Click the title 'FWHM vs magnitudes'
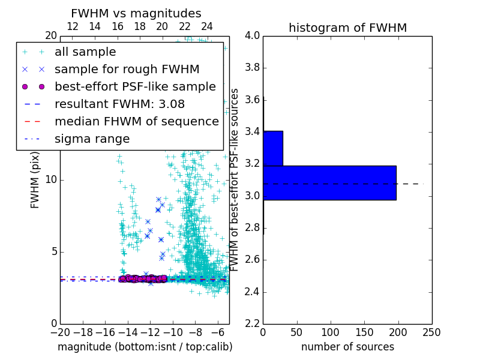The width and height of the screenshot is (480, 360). pyautogui.click(x=136, y=13)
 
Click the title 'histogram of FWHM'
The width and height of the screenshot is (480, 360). pyautogui.click(x=347, y=28)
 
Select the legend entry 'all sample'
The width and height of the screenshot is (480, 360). pyautogui.click(x=85, y=52)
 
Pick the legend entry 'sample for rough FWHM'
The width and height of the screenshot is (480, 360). pyautogui.click(x=127, y=70)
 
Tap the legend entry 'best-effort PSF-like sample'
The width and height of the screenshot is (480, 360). pyautogui.click(x=135, y=87)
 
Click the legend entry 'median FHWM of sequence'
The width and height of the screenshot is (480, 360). pyautogui.click(x=136, y=122)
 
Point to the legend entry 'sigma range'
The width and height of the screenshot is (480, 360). pyautogui.click(x=92, y=139)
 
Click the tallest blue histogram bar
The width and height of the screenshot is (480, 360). pyautogui.click(x=329, y=182)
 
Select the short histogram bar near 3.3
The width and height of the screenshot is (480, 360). pyautogui.click(x=272, y=148)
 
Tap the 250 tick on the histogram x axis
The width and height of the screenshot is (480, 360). pyautogui.click(x=431, y=332)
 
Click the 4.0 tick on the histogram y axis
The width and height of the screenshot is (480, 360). pyautogui.click(x=252, y=36)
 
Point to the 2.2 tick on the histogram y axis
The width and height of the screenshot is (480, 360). pyautogui.click(x=252, y=324)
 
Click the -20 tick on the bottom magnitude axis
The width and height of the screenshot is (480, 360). pyautogui.click(x=60, y=332)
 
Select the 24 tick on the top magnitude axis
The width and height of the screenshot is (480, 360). pyautogui.click(x=207, y=27)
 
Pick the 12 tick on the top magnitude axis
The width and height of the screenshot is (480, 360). pyautogui.click(x=73, y=27)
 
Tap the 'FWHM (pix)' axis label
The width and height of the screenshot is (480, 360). pyautogui.click(x=35, y=180)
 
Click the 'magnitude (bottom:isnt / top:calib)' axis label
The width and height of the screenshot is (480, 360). pyautogui.click(x=145, y=347)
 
